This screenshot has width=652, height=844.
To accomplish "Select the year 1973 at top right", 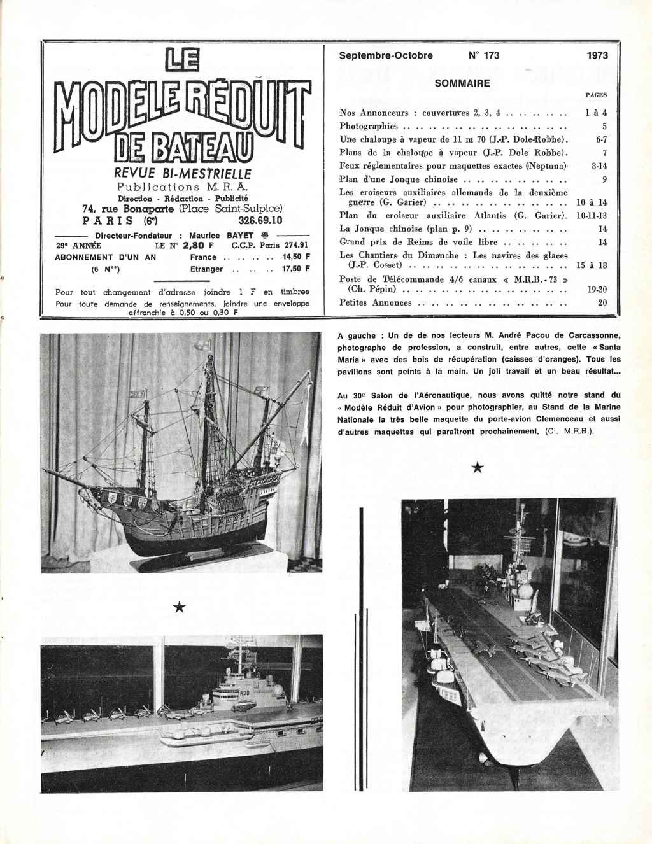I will pyautogui.click(x=597, y=55).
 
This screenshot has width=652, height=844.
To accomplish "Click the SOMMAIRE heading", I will pyautogui.click(x=462, y=83).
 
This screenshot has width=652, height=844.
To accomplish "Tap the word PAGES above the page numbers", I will pyautogui.click(x=595, y=95).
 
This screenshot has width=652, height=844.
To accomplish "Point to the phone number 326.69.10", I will pyautogui.click(x=259, y=221).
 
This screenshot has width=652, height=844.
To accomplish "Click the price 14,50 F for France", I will pyautogui.click(x=295, y=257).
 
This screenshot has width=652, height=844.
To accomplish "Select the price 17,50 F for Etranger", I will pyautogui.click(x=295, y=269).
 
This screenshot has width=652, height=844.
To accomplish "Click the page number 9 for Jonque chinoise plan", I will pyautogui.click(x=604, y=179).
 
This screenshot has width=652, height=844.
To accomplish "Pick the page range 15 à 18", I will pyautogui.click(x=591, y=264).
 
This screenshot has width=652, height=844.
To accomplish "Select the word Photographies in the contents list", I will pyautogui.click(x=368, y=126).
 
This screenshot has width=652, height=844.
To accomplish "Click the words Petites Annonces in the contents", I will pyautogui.click(x=375, y=302).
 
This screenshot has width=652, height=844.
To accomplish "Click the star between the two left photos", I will pyautogui.click(x=179, y=608).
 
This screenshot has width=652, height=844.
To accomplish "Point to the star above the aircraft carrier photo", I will pyautogui.click(x=477, y=469).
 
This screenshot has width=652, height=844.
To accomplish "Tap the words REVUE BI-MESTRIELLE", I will pyautogui.click(x=183, y=174).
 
